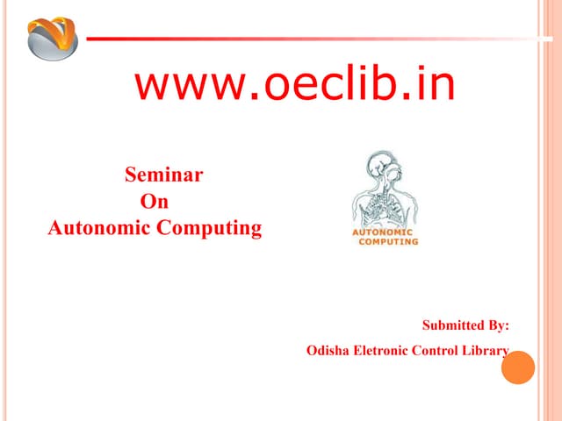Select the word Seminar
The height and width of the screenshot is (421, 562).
pyautogui.click(x=164, y=175)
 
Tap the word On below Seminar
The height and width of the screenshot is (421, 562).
pyautogui.click(x=155, y=202)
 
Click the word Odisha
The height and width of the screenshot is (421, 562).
pyautogui.click(x=328, y=351)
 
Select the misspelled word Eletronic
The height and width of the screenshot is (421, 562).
pyautogui.click(x=384, y=351)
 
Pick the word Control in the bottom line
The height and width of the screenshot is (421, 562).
pyautogui.click(x=443, y=351)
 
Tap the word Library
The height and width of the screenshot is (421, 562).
pyautogui.click(x=488, y=351)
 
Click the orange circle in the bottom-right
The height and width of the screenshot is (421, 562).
pyautogui.click(x=517, y=367)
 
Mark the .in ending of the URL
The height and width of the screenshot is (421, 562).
pyautogui.click(x=431, y=85)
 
